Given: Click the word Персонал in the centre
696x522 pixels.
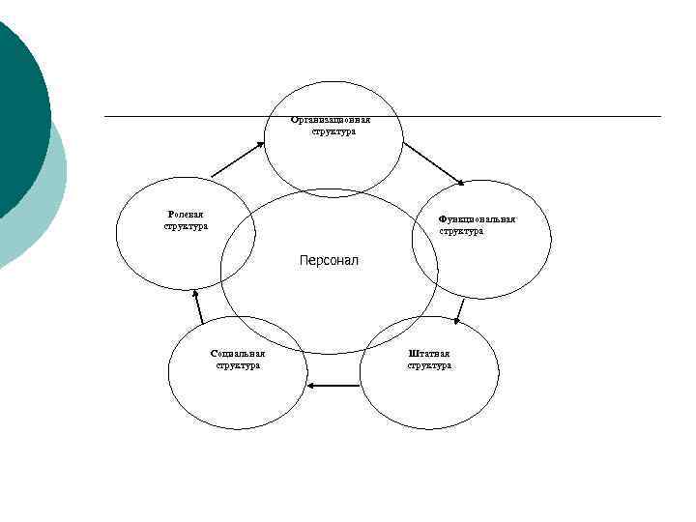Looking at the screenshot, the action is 329,261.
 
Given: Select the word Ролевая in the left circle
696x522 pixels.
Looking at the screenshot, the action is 184,214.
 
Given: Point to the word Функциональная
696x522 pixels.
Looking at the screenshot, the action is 477,218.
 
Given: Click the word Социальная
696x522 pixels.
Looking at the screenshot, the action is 238,354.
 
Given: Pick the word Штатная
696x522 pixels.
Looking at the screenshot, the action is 429,354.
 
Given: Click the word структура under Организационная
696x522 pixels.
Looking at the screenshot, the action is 333,131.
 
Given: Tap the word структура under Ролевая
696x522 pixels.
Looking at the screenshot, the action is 186,226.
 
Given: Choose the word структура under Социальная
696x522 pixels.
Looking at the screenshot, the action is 238,365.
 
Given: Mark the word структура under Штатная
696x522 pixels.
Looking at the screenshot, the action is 429,365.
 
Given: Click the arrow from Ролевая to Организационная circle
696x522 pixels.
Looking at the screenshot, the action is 237,159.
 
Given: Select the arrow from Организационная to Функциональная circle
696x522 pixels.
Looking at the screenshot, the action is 434,163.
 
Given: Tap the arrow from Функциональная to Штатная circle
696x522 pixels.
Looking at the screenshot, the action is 459,309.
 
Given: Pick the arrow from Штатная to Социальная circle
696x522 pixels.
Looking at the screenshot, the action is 333,386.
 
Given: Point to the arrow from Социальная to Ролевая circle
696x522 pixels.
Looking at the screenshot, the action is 198,306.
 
